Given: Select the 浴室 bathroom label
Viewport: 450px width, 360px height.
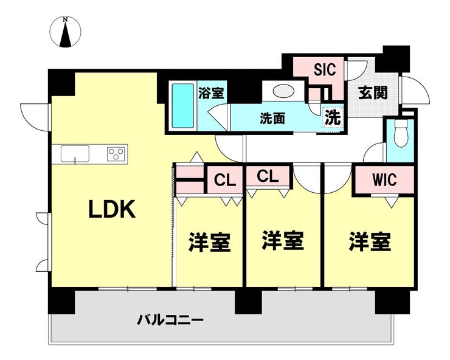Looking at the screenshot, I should [x=211, y=93].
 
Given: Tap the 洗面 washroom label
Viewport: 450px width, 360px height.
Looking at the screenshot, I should [x=273, y=118].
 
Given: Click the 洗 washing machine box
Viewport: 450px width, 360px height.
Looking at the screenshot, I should [x=332, y=117].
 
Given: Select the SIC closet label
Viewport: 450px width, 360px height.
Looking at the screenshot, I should [x=324, y=69].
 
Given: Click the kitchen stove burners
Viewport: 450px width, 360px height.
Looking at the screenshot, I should [x=117, y=153].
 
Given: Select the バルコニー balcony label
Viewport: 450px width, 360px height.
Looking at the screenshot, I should [x=170, y=319].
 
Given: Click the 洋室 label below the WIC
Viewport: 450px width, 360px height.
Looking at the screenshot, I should [x=369, y=242].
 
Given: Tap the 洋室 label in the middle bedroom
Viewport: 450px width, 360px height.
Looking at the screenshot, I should [x=283, y=240].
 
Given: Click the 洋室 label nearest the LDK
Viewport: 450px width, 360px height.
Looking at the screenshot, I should [x=209, y=242].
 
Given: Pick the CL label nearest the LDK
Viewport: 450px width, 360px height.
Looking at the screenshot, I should [x=224, y=180].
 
